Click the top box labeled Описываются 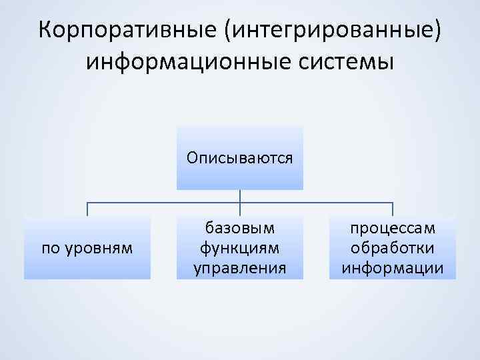point(240,158)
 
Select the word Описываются point(240,158)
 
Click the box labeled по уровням point(87,248)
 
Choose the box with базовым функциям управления point(240,248)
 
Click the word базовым point(240,229)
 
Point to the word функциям point(240,248)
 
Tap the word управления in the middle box point(240,268)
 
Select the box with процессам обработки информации point(393,248)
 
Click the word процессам point(393,229)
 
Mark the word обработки point(393,248)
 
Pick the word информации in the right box point(393,268)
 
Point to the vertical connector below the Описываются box point(240,196)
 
